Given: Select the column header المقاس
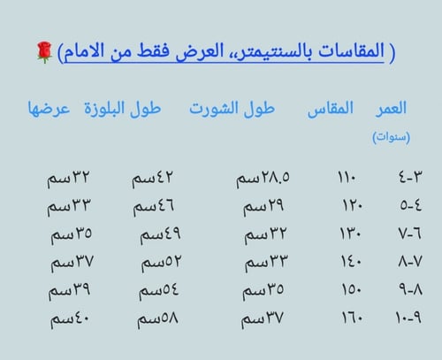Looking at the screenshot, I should tap(329, 109).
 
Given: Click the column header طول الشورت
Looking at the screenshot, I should tap(232, 109).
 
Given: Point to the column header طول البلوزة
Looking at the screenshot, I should tap(124, 109).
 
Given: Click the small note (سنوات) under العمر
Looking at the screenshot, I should tap(390, 136).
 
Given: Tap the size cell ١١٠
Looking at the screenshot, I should tap(347, 180).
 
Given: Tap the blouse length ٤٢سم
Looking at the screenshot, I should tap(154, 180).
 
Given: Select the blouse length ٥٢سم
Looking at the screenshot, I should tap(160, 263).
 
